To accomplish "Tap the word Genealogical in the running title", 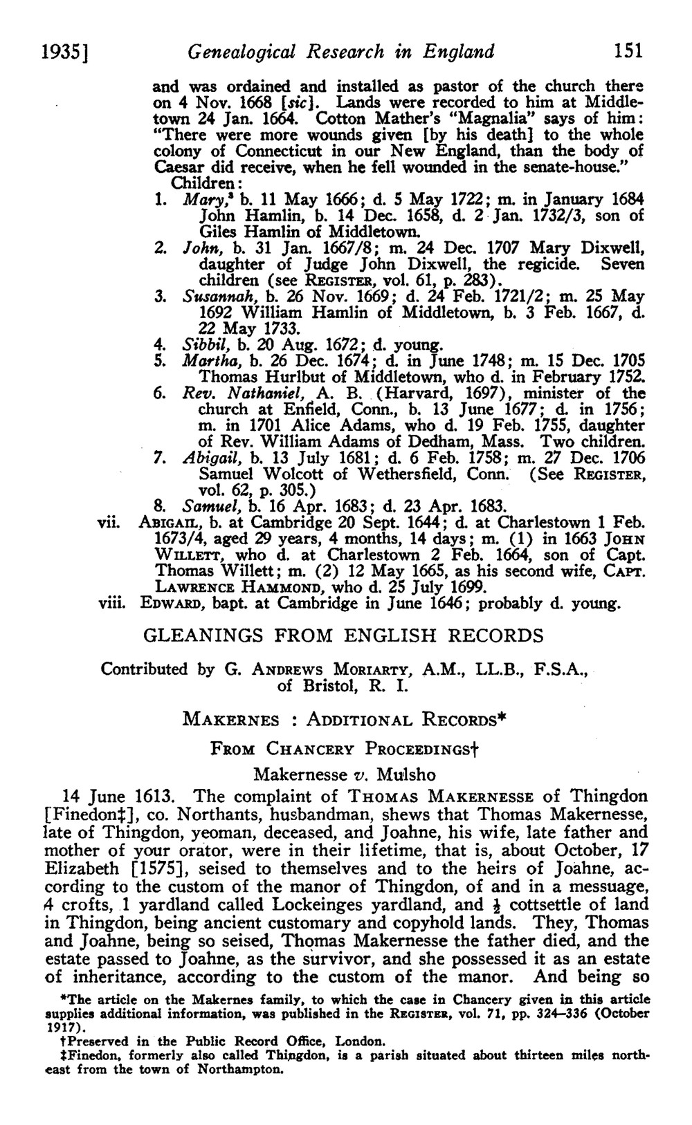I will pyautogui.click(x=230, y=51).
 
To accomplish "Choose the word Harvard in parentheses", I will pyautogui.click(x=409, y=393).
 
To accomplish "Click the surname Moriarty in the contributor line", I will pyautogui.click(x=376, y=669).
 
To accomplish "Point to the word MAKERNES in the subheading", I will pyautogui.click(x=231, y=718).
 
